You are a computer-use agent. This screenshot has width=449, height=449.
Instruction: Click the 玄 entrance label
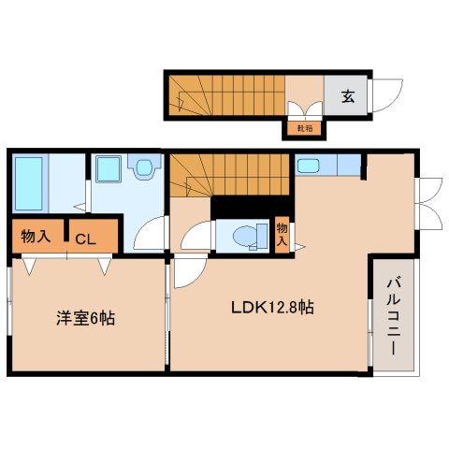(x=347, y=94)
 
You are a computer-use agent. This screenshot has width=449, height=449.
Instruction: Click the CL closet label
(x=84, y=238)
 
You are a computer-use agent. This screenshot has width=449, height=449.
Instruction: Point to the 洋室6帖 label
(x=83, y=318)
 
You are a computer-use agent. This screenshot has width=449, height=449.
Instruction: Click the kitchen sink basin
(x=309, y=167)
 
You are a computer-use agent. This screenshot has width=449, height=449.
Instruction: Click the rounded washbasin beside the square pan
(x=144, y=168)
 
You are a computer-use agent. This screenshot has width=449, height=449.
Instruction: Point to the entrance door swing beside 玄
(x=386, y=94)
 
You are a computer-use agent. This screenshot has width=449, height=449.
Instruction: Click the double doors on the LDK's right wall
(x=428, y=202)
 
